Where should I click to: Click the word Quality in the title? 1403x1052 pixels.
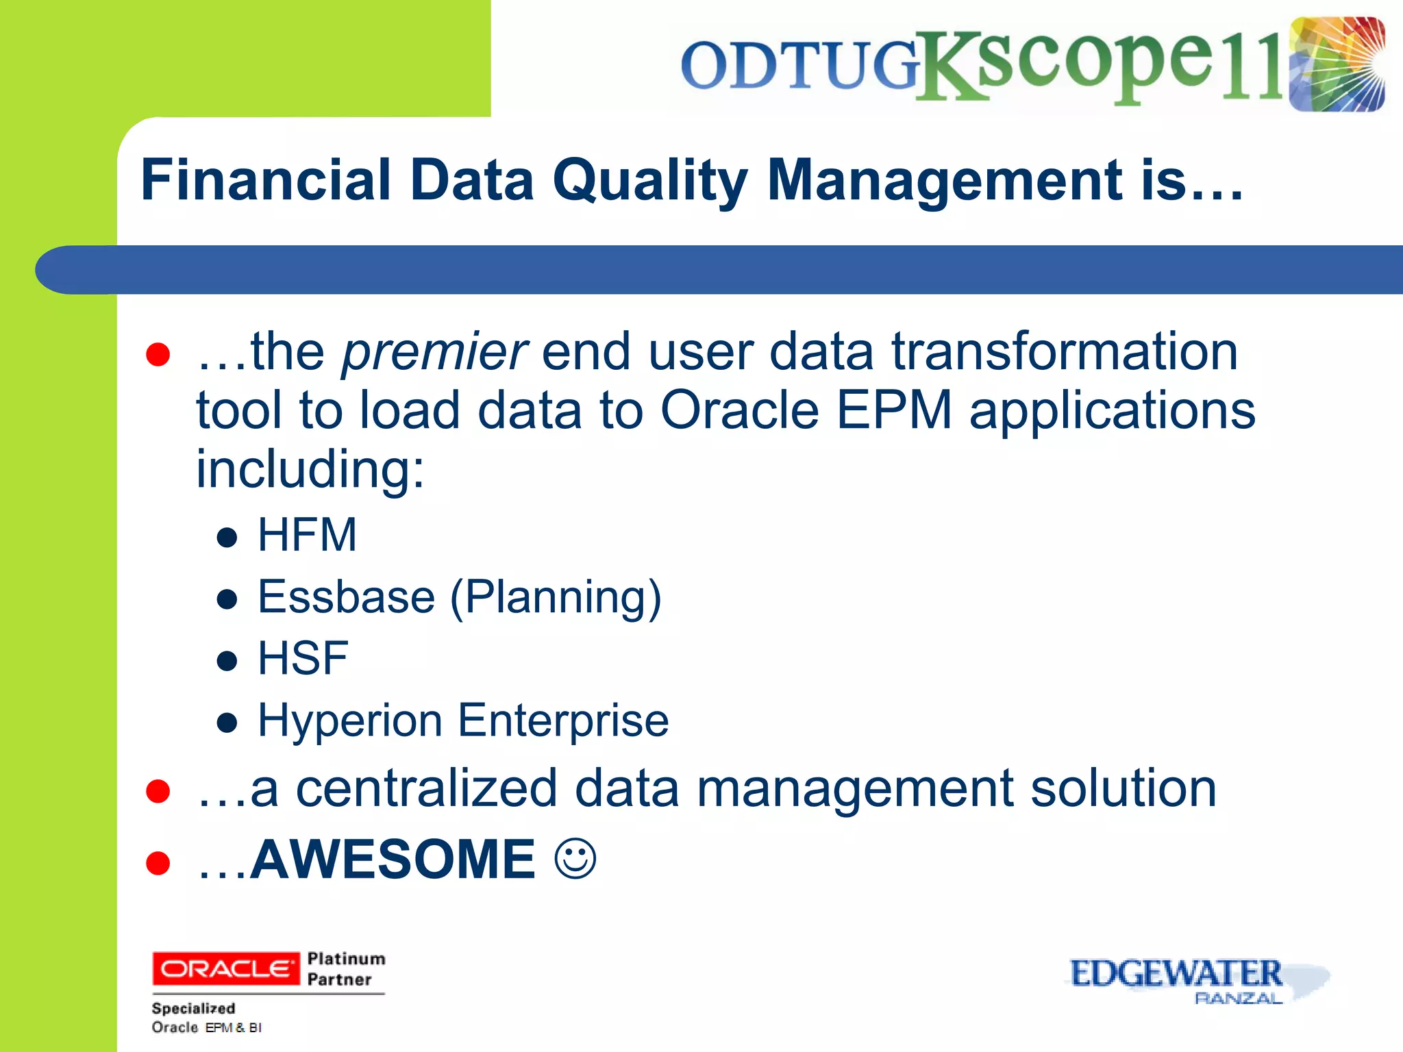point(649,181)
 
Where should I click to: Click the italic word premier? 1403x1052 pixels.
point(434,352)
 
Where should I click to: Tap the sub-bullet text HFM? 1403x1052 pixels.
point(307,535)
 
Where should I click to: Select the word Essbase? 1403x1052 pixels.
point(346,597)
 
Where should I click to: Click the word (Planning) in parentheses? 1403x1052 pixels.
point(556,598)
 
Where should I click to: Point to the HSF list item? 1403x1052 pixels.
point(303,658)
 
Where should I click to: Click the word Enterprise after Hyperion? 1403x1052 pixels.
point(563,721)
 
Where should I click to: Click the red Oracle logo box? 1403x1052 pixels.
point(225,968)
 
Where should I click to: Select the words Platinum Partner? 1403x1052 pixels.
point(346,968)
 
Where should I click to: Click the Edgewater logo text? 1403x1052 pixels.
point(1175,973)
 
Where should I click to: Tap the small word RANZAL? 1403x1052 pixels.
point(1237,999)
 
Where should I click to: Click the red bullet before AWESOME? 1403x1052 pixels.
point(158,863)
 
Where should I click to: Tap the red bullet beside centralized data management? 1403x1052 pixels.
point(158,791)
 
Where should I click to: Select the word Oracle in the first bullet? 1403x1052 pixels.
point(739,410)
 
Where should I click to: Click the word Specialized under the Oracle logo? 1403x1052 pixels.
point(193,1008)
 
